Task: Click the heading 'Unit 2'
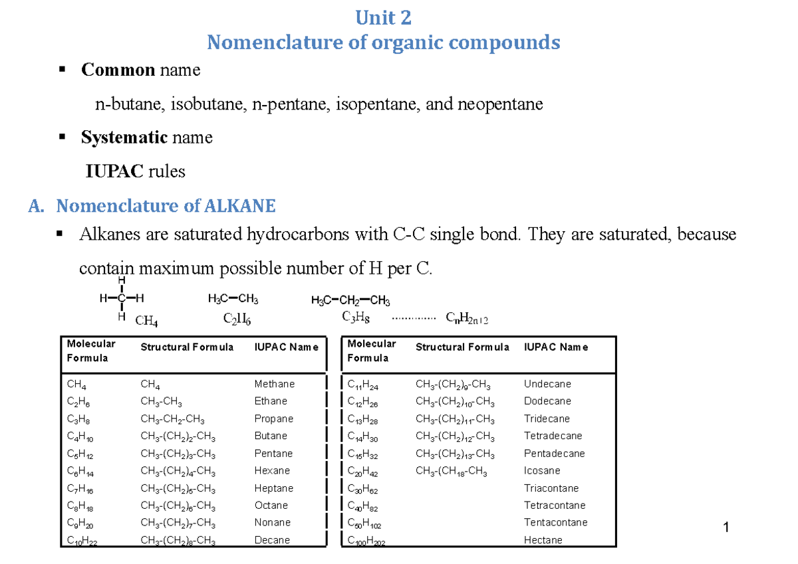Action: pyautogui.click(x=383, y=17)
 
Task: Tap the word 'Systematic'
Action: pyautogui.click(x=124, y=138)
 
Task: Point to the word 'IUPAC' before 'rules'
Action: pyautogui.click(x=114, y=171)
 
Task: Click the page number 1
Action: pyautogui.click(x=726, y=528)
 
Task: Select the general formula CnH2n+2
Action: pyautogui.click(x=467, y=319)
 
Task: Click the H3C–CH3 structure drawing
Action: pyautogui.click(x=233, y=300)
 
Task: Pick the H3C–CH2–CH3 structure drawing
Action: pyautogui.click(x=350, y=301)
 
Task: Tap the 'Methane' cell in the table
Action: pyautogui.click(x=274, y=384)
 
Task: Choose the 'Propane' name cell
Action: pyautogui.click(x=273, y=419)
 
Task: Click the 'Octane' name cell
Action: pyautogui.click(x=271, y=505)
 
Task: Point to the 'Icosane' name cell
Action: pyautogui.click(x=541, y=470)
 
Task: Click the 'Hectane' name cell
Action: pyautogui.click(x=543, y=540)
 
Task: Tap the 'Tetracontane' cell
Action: pyautogui.click(x=555, y=505)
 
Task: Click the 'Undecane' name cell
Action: pyautogui.click(x=547, y=384)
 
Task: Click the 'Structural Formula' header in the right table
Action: pyautogui.click(x=462, y=347)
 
